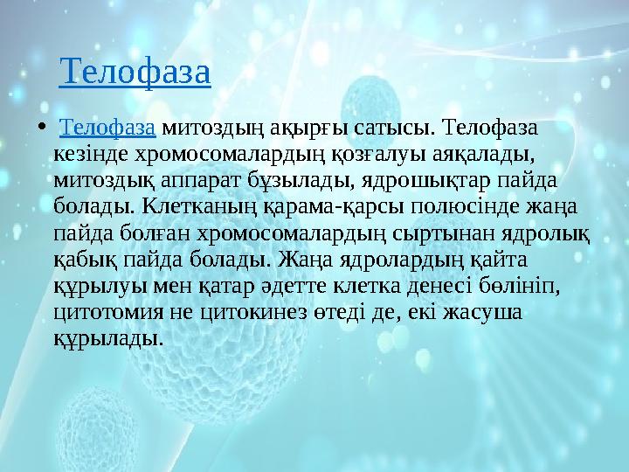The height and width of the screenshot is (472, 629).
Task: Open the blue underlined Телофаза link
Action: (x=107, y=129)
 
